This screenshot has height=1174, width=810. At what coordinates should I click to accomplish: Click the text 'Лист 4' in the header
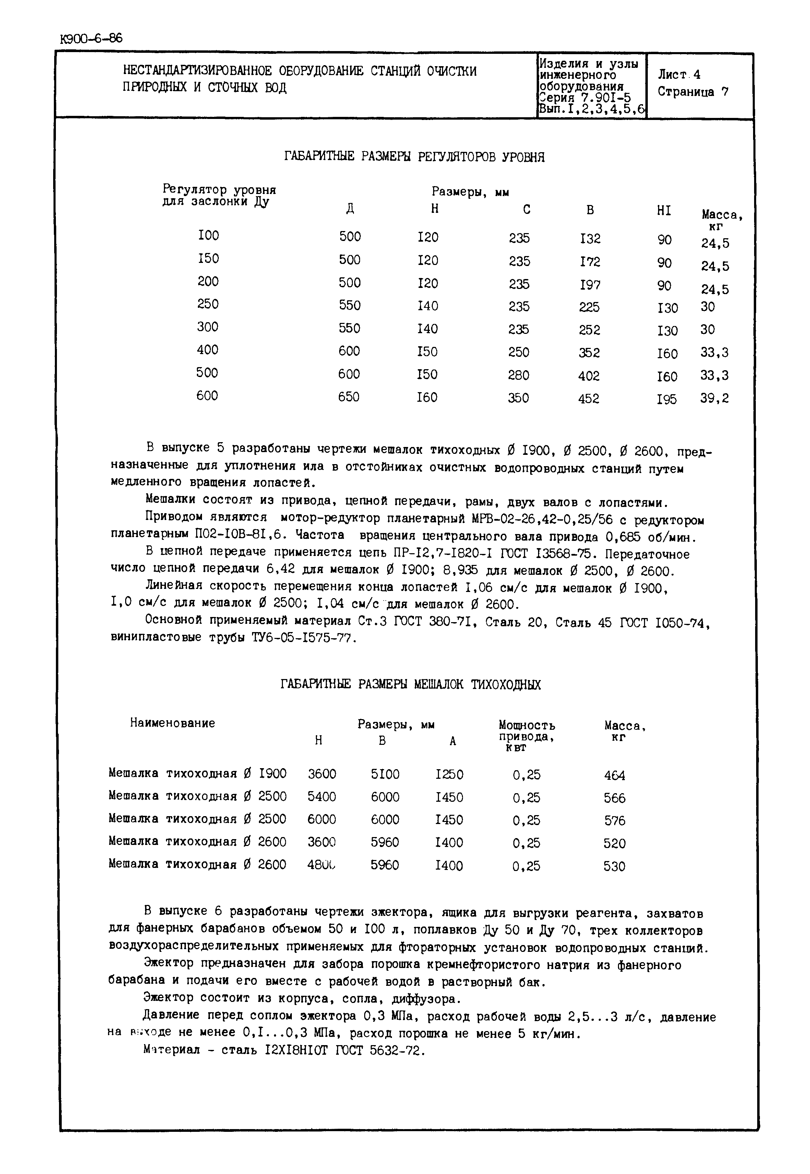pos(679,75)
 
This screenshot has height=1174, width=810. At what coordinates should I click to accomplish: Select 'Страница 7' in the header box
pos(693,92)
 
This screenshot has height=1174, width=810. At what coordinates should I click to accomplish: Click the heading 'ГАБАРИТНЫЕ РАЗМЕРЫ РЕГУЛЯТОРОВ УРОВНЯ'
pos(414,157)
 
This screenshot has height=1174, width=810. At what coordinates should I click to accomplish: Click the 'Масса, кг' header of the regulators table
pos(722,220)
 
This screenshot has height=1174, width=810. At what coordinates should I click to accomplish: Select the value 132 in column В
pos(590,239)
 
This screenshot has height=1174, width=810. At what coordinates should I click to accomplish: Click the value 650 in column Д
pos(349,396)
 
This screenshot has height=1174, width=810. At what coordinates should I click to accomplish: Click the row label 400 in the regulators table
pos(207,350)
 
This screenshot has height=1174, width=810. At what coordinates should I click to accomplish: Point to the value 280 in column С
pos(518,375)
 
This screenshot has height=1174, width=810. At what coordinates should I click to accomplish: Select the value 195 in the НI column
pos(666,399)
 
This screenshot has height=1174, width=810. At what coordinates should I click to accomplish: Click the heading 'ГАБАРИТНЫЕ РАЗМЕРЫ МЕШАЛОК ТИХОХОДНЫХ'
pos(410,685)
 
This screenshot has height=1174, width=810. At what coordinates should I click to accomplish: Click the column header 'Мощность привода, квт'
pos(526,736)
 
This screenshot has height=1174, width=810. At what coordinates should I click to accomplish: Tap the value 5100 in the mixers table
pos(385,774)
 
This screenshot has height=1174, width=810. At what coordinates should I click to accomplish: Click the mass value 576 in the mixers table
pos(615,820)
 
